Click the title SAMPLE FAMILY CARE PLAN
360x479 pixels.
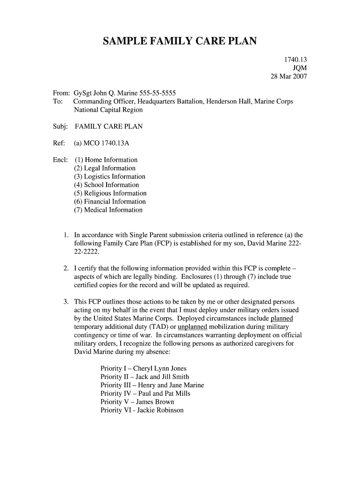coord(180,42)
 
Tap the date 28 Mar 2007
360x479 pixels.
coord(289,76)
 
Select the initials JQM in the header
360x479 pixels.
coord(299,68)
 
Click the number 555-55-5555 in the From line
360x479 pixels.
coord(159,93)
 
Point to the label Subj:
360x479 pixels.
coord(60,127)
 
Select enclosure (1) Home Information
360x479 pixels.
coord(106,160)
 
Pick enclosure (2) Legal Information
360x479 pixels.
coord(105,168)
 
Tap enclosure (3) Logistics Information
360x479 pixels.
coord(109,177)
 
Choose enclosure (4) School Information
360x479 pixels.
coord(107,185)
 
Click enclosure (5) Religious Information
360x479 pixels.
coord(110,194)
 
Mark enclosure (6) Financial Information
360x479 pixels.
coord(110,202)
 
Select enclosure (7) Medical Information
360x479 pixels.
coord(108,210)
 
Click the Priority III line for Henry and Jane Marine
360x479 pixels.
coord(152,385)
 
